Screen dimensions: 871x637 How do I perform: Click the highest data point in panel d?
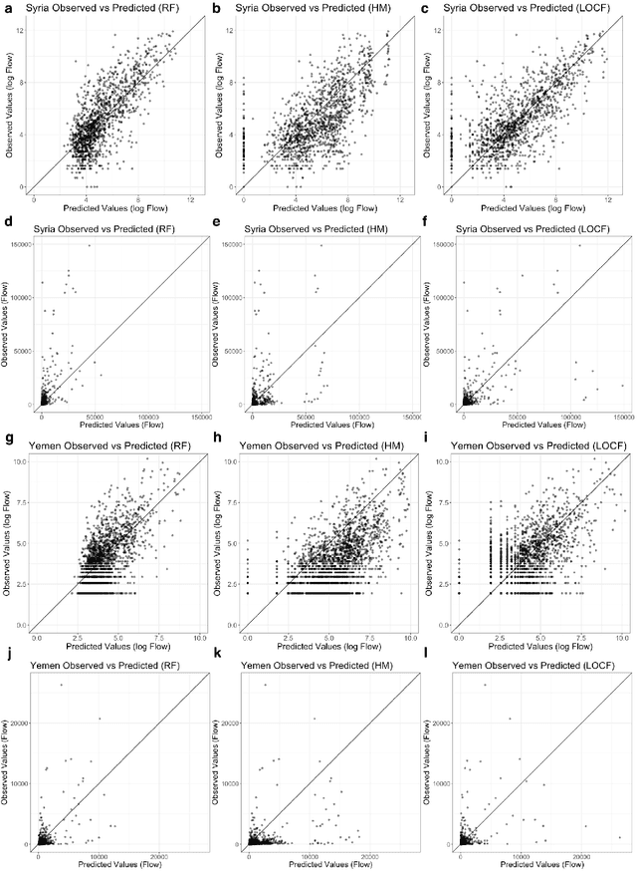click(89, 246)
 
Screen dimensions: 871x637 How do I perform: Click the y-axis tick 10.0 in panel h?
click(236, 462)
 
